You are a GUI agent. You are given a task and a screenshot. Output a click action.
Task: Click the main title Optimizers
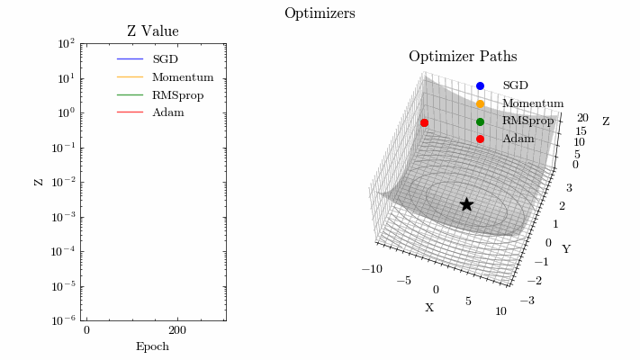[x=320, y=13]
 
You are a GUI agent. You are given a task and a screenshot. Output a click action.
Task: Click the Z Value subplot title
[x=153, y=31]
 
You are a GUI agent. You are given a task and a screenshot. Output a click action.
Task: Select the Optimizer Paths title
[x=463, y=57]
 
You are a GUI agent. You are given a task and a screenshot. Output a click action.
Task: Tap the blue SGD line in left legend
[x=130, y=59]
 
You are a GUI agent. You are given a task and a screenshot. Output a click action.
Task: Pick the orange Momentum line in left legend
[x=130, y=77]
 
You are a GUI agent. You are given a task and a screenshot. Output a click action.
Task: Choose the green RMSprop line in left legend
[x=130, y=95]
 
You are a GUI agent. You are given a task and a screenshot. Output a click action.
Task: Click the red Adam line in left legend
[x=130, y=112]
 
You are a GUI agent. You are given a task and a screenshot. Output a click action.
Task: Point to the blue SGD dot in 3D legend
[x=480, y=85]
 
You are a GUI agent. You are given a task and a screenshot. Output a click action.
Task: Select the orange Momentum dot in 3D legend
[x=480, y=104]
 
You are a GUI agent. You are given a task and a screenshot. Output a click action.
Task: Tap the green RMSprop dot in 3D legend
[x=480, y=121]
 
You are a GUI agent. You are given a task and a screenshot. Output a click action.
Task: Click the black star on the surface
[x=466, y=204]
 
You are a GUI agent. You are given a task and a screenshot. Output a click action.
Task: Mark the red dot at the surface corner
[x=424, y=123]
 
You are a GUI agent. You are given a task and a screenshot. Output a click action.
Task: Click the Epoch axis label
[x=152, y=346]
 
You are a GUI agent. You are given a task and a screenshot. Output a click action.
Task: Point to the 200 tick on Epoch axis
[x=177, y=330]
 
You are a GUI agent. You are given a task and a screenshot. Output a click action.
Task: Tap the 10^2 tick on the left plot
[x=66, y=43]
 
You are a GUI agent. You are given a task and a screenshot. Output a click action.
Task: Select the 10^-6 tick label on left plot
[x=64, y=320]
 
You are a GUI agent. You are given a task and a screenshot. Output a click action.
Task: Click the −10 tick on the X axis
[x=372, y=269]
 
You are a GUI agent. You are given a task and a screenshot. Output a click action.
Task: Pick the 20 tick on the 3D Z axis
[x=582, y=118]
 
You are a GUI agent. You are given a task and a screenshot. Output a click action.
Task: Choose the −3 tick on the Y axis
[x=527, y=301]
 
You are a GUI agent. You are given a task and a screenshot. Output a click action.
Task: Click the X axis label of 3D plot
[x=429, y=308]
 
